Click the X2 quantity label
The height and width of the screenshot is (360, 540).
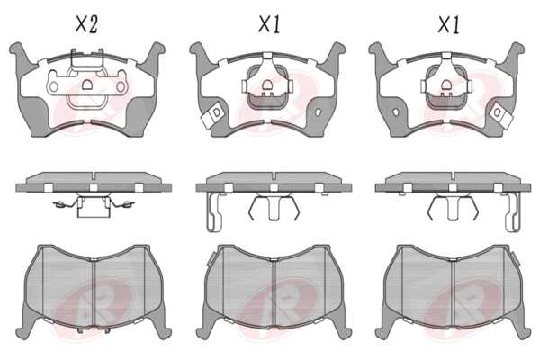pos(86,24)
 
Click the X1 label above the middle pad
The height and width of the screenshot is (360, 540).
pos(269,24)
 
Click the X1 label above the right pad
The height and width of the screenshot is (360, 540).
pos(449,24)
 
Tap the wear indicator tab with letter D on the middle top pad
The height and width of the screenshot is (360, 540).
pos(214,115)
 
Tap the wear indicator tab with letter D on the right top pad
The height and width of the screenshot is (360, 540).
pos(499,115)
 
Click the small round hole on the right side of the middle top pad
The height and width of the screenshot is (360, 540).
pos(318,112)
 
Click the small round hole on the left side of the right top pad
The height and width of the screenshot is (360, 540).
pos(396,112)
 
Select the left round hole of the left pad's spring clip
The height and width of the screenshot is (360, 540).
pos(54,86)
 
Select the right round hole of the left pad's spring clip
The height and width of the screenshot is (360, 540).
pos(121,86)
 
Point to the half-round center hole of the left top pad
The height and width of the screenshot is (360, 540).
pos(86,85)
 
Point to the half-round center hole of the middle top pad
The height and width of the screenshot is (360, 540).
pos(267,85)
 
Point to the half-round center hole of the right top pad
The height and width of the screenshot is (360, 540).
pos(446,85)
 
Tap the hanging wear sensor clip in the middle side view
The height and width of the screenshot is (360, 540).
pos(213,211)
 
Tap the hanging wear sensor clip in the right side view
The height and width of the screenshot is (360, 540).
pos(512,211)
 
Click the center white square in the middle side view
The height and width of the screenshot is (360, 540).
pos(274,188)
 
